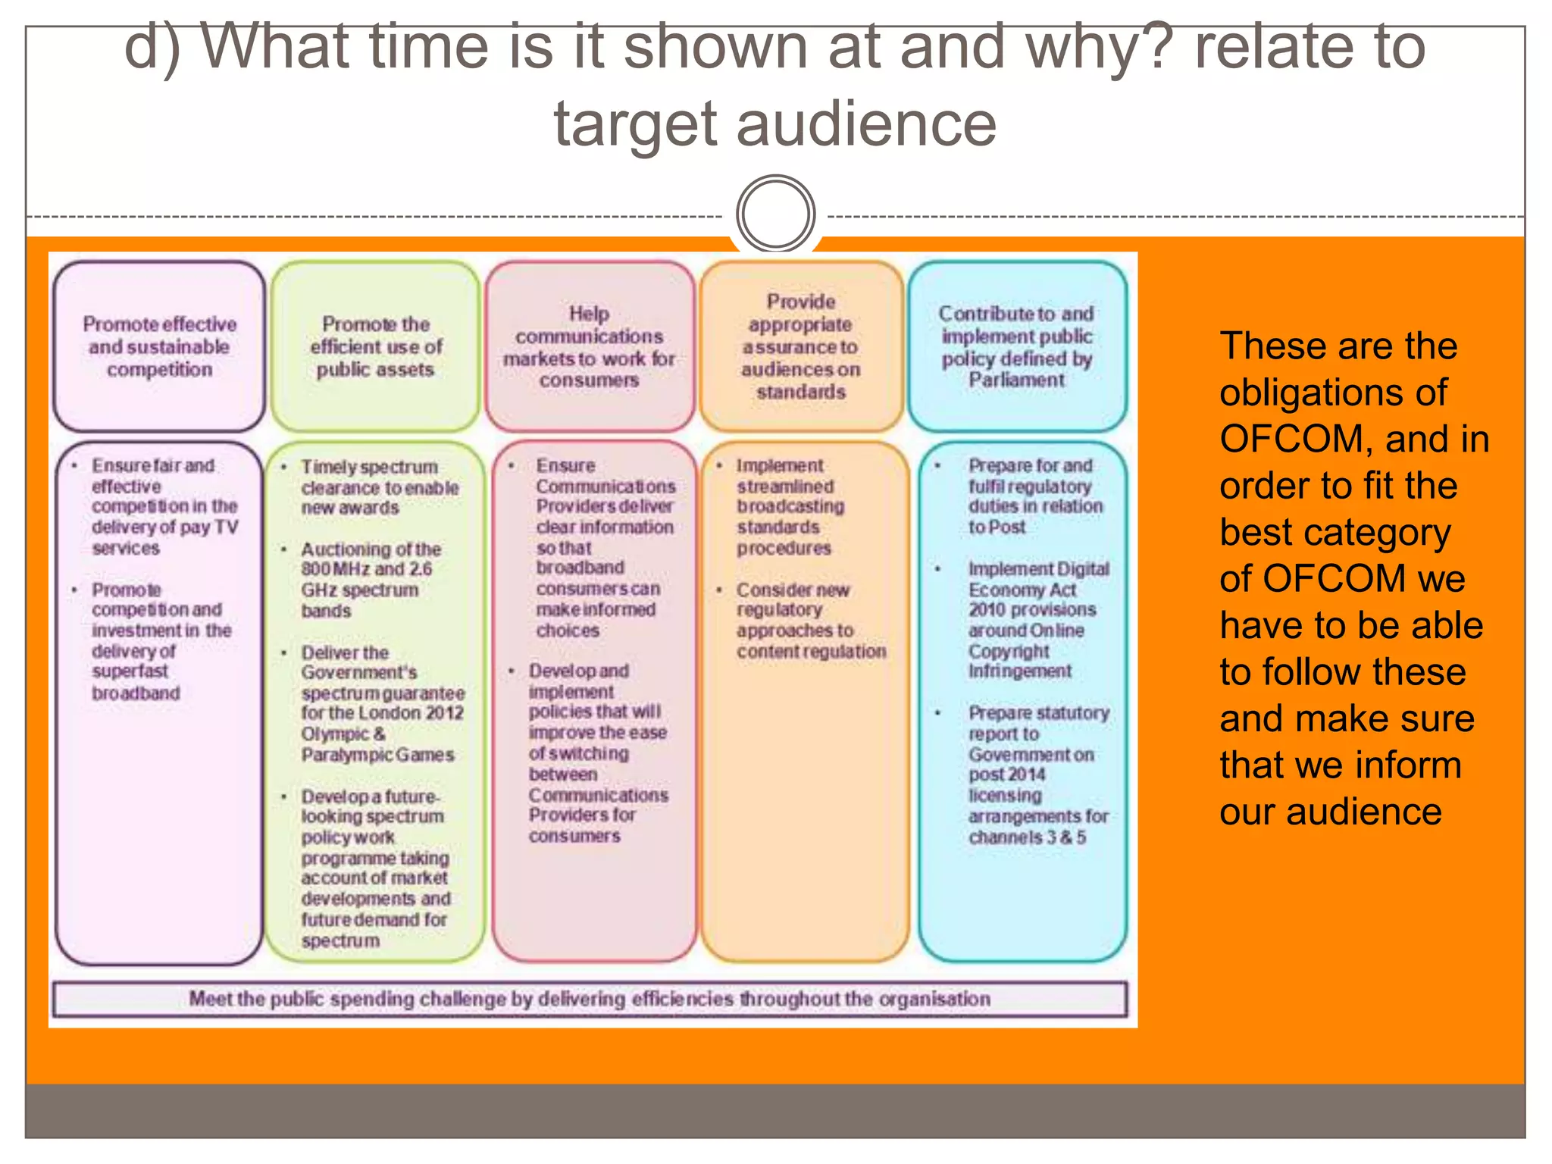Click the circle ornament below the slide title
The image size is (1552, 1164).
[x=775, y=214]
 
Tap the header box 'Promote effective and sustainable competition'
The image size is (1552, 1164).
[x=159, y=347]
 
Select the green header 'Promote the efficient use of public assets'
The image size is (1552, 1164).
[x=376, y=347]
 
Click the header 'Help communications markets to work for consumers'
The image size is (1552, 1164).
[x=589, y=347]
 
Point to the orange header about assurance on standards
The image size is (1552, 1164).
[x=801, y=347]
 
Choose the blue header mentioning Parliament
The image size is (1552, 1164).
[x=1017, y=347]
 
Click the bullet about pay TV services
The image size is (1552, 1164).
[x=164, y=506]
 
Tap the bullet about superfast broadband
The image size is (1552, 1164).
[x=161, y=641]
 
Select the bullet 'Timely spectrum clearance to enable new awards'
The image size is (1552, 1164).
[x=379, y=487]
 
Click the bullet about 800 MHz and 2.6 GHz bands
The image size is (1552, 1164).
[x=370, y=580]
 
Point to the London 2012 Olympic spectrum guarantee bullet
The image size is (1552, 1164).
[x=381, y=703]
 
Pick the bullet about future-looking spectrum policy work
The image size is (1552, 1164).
[x=374, y=868]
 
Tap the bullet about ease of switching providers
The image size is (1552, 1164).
[x=596, y=753]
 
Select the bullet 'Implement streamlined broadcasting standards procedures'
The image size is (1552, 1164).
[x=788, y=506]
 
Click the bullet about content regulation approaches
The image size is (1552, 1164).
[x=809, y=621]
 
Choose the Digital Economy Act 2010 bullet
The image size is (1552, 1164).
[x=1036, y=620]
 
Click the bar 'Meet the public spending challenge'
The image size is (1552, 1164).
[x=589, y=999]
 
